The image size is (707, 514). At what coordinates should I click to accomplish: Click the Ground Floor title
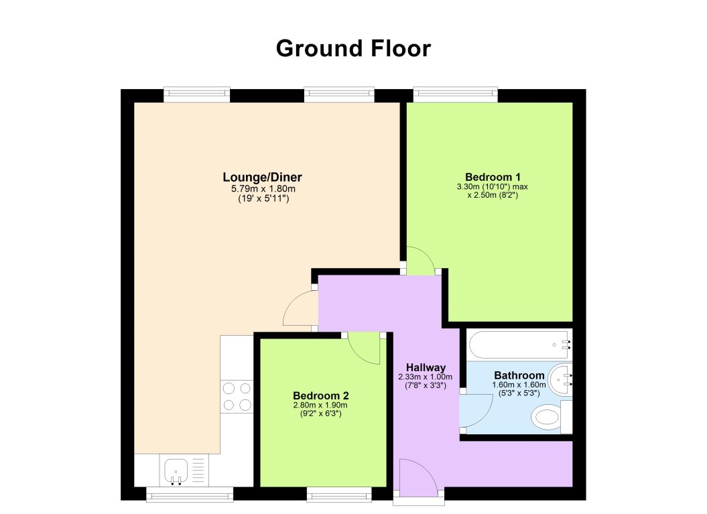pos(353,48)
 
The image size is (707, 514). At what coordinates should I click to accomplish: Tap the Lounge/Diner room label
pos(262,178)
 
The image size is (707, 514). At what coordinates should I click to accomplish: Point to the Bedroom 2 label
pos(320,395)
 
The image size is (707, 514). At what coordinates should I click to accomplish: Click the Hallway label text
pos(426,367)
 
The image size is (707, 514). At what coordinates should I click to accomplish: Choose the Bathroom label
pos(519,375)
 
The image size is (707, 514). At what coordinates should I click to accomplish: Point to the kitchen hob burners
pos(236,396)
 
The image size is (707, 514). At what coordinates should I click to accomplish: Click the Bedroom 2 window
pos(339,494)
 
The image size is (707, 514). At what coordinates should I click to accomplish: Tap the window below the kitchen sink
pos(190,494)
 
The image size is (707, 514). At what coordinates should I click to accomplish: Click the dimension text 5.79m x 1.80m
pos(262,189)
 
